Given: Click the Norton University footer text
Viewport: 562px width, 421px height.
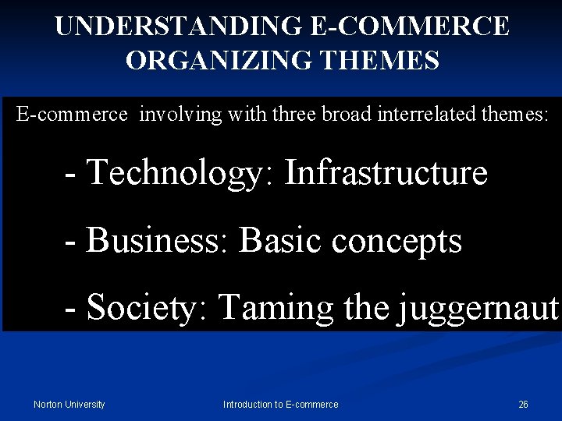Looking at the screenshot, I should [69, 404].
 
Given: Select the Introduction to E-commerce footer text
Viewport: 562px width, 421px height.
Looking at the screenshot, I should [280, 404].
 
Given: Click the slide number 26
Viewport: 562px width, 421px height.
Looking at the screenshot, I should [523, 404].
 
